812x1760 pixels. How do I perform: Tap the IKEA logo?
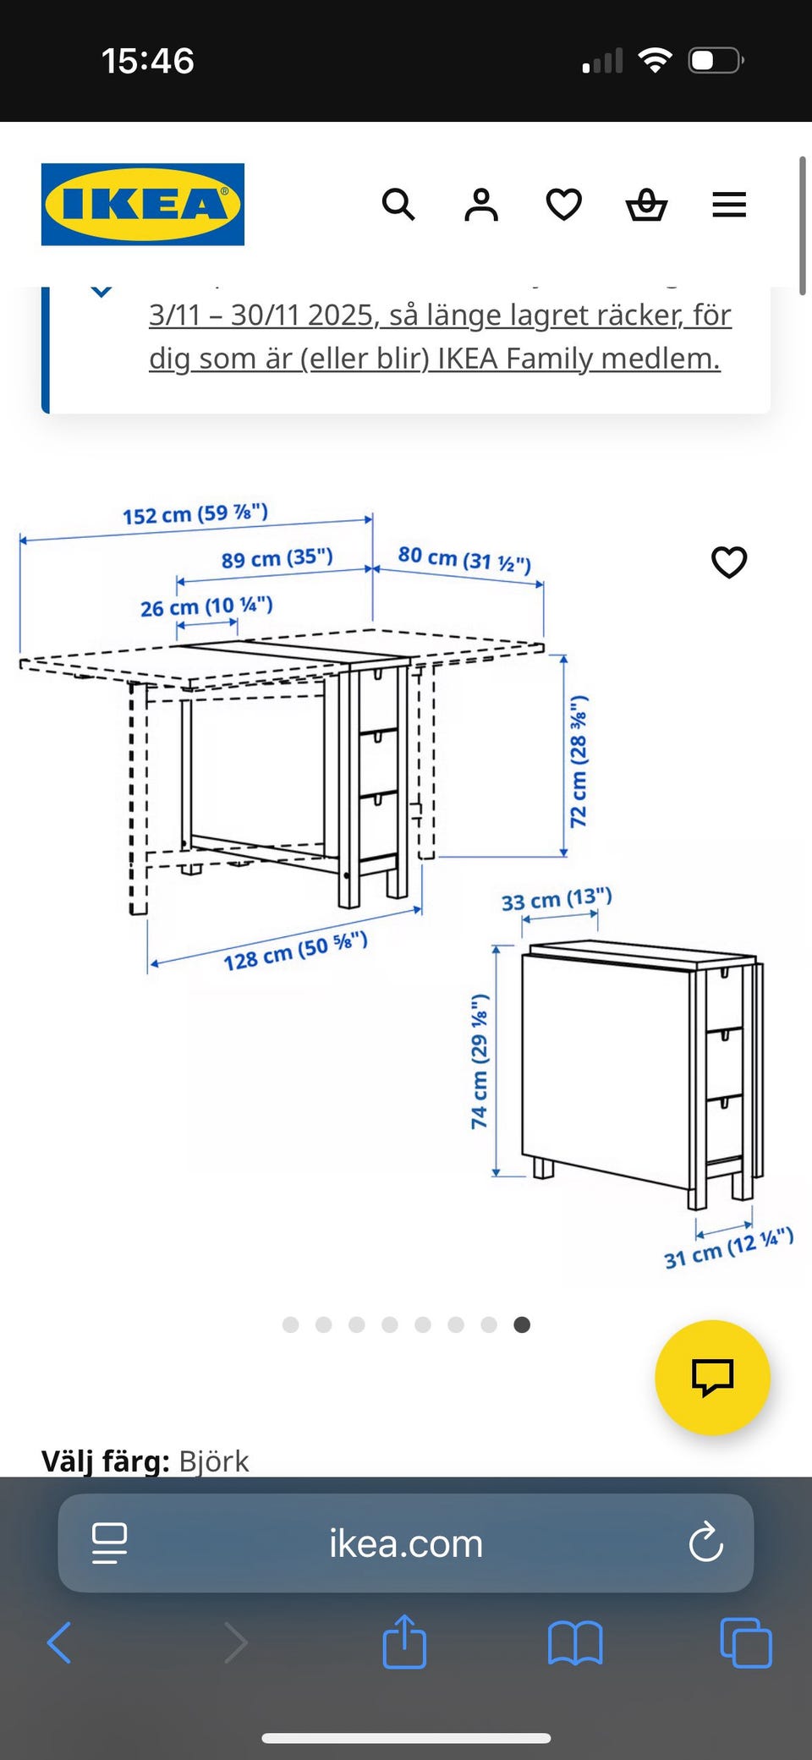click(x=143, y=205)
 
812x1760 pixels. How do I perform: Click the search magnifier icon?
click(x=398, y=205)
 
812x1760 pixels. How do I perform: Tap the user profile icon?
click(x=481, y=205)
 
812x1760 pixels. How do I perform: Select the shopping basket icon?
click(x=646, y=205)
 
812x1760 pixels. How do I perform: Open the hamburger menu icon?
click(x=729, y=205)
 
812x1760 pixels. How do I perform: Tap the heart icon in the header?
click(x=563, y=205)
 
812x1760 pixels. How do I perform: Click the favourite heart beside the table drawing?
click(x=729, y=562)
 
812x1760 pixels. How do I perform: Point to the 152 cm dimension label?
click(x=195, y=513)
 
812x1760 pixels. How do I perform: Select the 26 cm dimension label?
click(x=206, y=606)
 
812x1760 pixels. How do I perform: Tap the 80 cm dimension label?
click(x=464, y=559)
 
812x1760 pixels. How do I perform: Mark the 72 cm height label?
click(x=579, y=761)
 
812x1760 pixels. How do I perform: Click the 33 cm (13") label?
click(x=557, y=899)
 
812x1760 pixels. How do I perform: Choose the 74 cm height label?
click(x=480, y=1061)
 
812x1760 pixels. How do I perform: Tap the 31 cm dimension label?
click(x=729, y=1248)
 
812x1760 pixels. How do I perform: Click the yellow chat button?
click(x=712, y=1377)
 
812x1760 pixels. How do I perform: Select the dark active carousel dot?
click(x=522, y=1324)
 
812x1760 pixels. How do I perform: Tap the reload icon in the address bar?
click(x=705, y=1543)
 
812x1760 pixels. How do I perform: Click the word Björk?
click(x=214, y=1461)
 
